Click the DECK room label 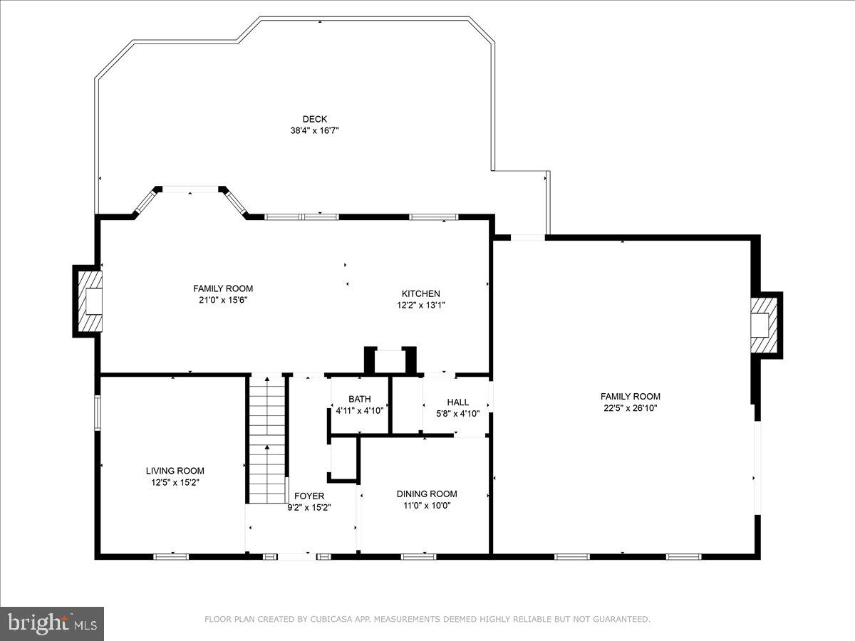click(314, 119)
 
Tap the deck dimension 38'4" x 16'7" click(314, 130)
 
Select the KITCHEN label click(420, 293)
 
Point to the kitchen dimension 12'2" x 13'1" click(420, 305)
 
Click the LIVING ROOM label click(175, 471)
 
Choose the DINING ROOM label click(427, 494)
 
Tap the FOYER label click(309, 496)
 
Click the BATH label click(359, 399)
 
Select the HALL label click(457, 402)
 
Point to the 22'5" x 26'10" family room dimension click(630, 408)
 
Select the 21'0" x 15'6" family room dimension click(222, 300)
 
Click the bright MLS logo click(52, 624)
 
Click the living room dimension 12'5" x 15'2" click(175, 482)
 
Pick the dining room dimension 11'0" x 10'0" click(427, 505)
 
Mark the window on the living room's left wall click(98, 412)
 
